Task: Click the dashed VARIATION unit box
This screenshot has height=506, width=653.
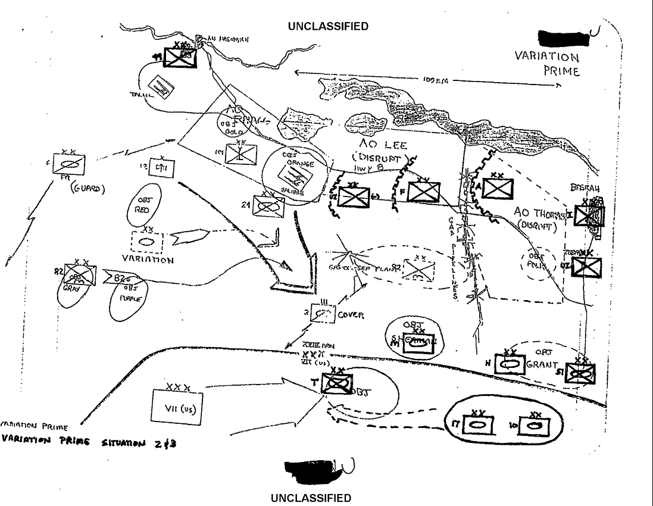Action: point(146,242)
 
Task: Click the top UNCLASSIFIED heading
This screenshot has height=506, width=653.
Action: point(327,26)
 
